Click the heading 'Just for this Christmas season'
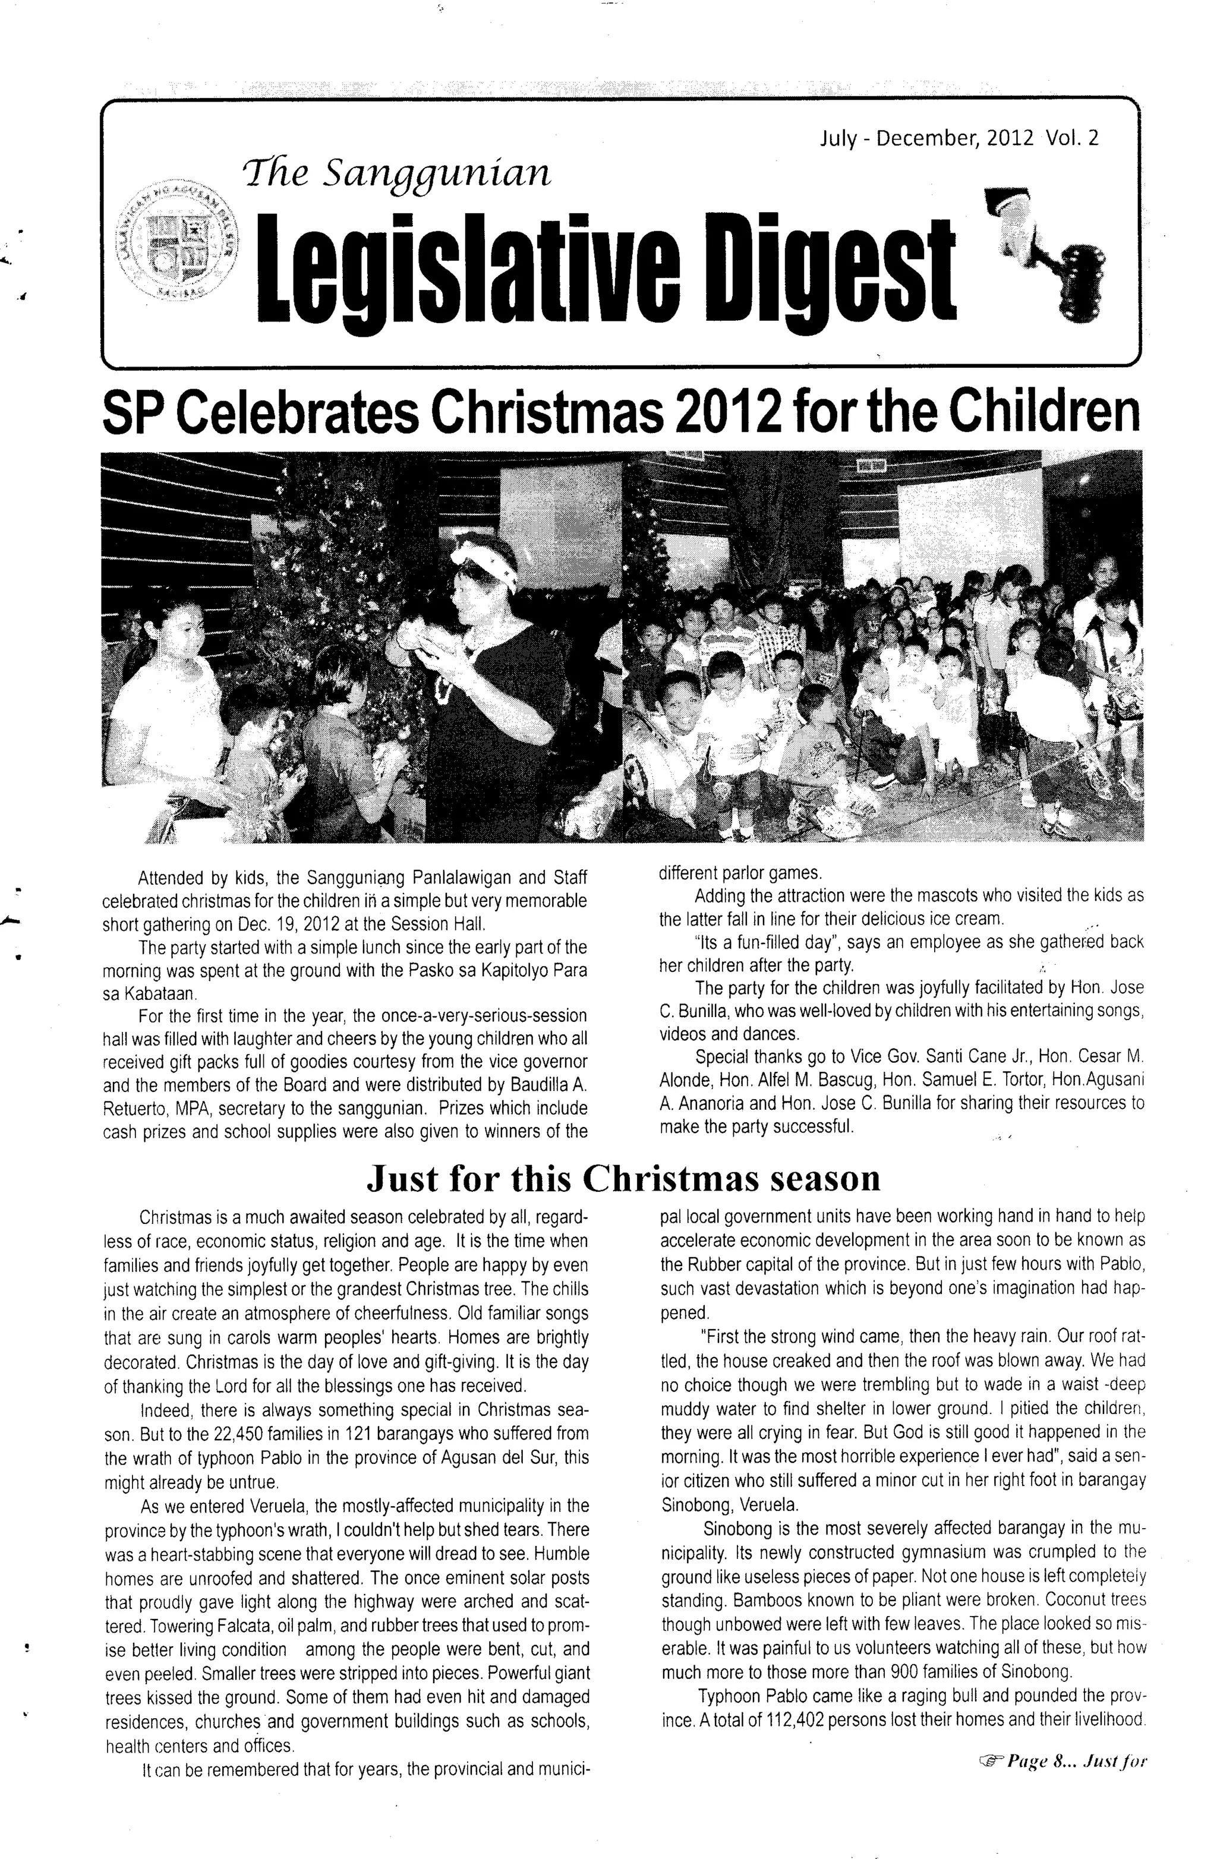(623, 1179)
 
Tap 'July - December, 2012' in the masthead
(926, 139)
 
